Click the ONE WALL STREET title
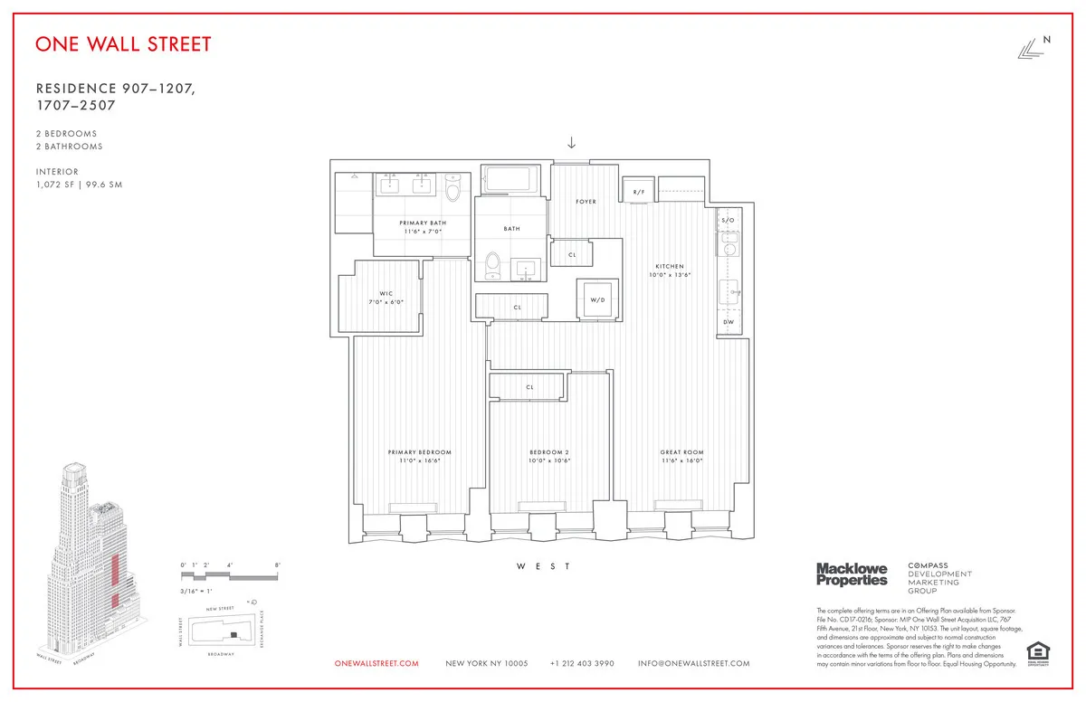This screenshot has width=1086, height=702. (x=124, y=44)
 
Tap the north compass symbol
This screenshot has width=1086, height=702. (x=1031, y=51)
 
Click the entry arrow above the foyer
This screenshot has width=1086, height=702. (x=571, y=142)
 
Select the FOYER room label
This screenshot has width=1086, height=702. (x=586, y=202)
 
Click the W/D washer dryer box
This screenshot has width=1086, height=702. (x=597, y=299)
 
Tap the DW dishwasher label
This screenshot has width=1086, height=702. (x=729, y=322)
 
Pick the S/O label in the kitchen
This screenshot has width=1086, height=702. (x=729, y=221)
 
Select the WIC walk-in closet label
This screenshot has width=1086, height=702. (x=385, y=293)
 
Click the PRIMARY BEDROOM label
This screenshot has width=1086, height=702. (x=419, y=452)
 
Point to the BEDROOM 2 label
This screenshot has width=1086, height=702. (x=549, y=452)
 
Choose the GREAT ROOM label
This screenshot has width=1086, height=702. (x=681, y=452)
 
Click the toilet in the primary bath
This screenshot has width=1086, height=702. (x=454, y=188)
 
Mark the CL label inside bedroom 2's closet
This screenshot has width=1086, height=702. (x=529, y=387)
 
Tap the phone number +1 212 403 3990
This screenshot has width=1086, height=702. (x=582, y=664)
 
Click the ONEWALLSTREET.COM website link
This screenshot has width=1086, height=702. (x=376, y=664)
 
